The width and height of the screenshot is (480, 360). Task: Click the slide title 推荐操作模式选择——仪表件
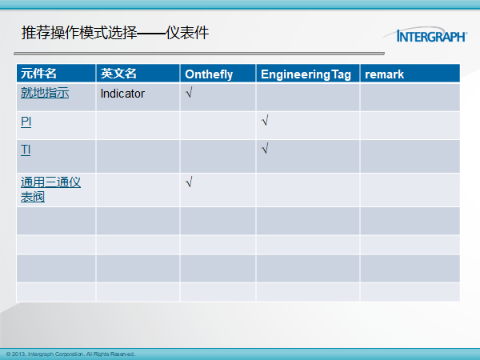[115, 33]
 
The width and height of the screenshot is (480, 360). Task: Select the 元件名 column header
[38, 74]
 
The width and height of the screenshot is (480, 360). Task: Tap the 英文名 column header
[118, 74]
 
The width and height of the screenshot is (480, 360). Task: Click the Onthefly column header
[209, 74]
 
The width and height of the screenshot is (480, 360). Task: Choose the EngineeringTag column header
[306, 74]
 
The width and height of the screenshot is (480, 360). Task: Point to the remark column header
[384, 74]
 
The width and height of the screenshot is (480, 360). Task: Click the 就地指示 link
[45, 93]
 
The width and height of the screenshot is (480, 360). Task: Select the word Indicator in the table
[122, 94]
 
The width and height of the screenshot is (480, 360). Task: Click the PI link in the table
[26, 122]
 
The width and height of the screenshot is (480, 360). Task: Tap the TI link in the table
[26, 150]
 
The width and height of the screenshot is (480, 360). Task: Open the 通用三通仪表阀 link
[50, 190]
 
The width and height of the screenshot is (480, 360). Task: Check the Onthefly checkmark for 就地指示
[189, 92]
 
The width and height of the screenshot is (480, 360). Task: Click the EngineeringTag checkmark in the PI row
[265, 120]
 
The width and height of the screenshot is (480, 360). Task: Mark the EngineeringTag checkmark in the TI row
[265, 148]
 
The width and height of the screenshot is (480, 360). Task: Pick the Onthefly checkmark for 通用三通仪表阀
[189, 182]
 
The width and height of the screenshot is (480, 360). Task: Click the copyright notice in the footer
[70, 354]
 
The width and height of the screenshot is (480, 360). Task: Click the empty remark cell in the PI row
[410, 126]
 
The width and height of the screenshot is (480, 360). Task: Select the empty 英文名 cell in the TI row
[138, 157]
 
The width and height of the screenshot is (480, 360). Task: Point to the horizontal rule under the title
[199, 54]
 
